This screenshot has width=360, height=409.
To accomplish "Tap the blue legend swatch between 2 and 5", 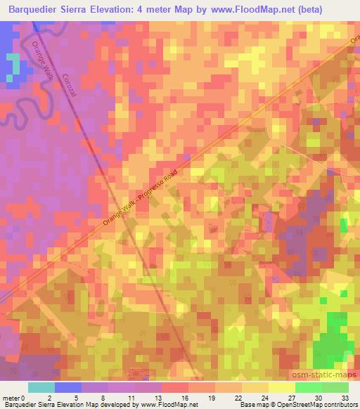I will click(x=68, y=387).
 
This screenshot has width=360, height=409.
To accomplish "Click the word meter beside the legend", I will click(x=11, y=398).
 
